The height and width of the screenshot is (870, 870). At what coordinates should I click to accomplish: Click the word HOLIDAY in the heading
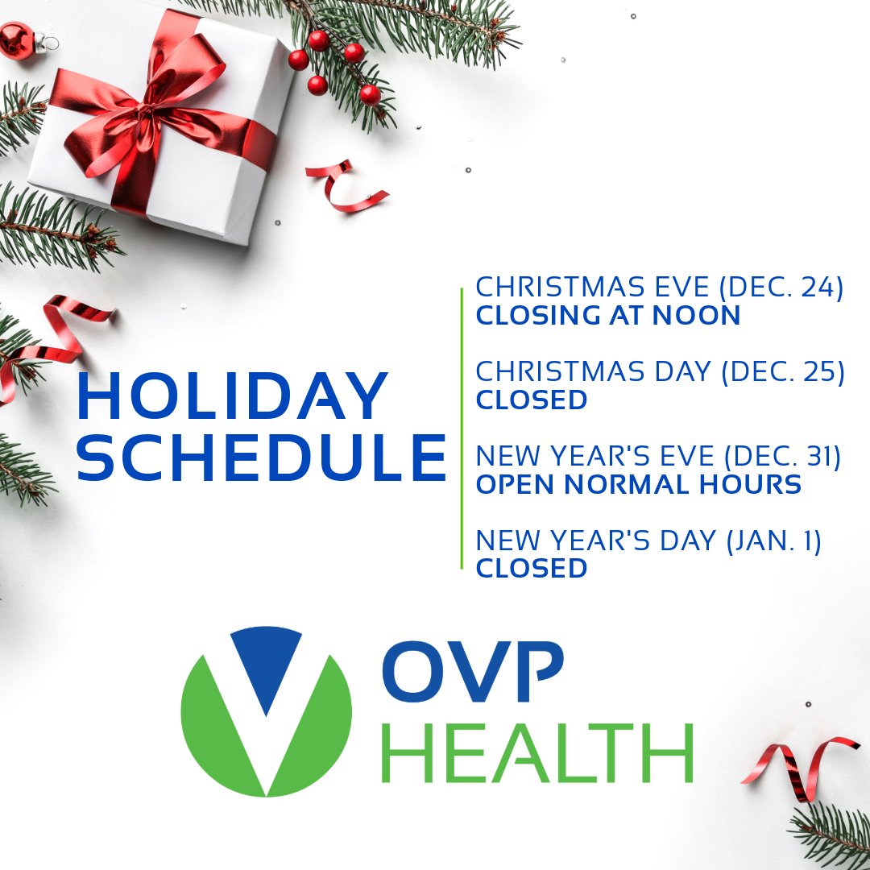click(x=233, y=398)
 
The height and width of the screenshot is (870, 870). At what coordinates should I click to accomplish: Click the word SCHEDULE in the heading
click(x=261, y=458)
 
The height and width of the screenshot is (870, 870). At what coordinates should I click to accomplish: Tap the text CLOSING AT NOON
click(x=608, y=316)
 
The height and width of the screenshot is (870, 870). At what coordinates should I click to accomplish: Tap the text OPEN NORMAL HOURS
click(x=639, y=485)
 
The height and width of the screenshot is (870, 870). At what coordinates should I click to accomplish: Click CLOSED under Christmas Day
click(x=532, y=400)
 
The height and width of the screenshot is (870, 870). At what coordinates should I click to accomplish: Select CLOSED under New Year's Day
click(x=532, y=568)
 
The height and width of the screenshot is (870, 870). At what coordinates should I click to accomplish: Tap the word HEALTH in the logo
click(x=536, y=752)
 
